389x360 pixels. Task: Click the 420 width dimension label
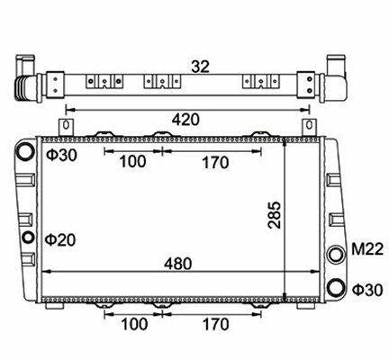click(185, 120)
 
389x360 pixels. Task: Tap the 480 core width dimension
click(177, 264)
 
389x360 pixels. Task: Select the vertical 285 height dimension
click(275, 215)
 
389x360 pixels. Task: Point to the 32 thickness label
click(200, 67)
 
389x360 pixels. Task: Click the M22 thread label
click(367, 249)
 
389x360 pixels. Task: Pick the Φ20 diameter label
click(60, 239)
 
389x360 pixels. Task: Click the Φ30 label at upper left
click(61, 155)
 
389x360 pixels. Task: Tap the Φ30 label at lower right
click(367, 290)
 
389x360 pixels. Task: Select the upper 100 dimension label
click(132, 161)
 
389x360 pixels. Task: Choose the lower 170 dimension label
click(216, 324)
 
